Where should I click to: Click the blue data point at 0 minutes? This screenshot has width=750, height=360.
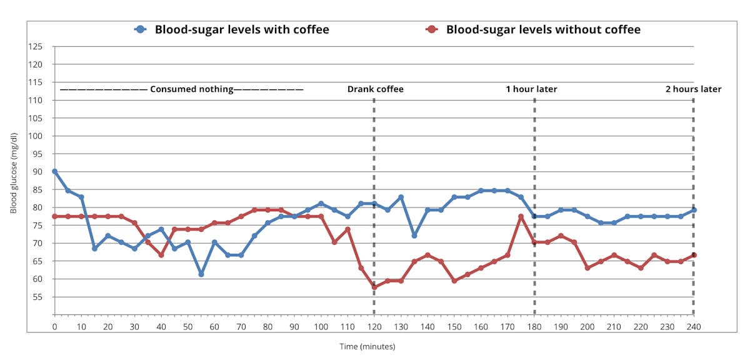(55, 171)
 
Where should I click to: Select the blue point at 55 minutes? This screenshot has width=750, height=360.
(201, 274)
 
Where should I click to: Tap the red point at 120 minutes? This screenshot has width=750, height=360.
(374, 287)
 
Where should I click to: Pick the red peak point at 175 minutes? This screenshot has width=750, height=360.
(521, 217)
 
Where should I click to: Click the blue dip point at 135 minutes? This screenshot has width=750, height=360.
(414, 236)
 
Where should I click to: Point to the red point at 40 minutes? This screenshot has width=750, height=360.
(161, 255)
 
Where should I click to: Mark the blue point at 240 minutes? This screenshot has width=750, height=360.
(694, 210)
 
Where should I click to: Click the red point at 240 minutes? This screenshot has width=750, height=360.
(694, 255)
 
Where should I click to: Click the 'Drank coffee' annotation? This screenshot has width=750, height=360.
(375, 89)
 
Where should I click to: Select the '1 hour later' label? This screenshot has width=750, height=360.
(531, 89)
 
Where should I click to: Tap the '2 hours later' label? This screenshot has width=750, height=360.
(693, 89)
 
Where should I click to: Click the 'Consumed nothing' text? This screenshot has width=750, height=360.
(191, 89)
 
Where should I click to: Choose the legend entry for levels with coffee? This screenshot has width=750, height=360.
(232, 29)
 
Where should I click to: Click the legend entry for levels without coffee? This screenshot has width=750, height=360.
(532, 29)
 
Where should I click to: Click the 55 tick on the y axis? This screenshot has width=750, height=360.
(37, 297)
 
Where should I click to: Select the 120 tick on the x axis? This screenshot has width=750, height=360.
(374, 326)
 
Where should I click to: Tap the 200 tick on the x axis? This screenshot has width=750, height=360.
(587, 326)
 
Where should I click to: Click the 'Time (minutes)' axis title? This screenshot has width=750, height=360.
(367, 346)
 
